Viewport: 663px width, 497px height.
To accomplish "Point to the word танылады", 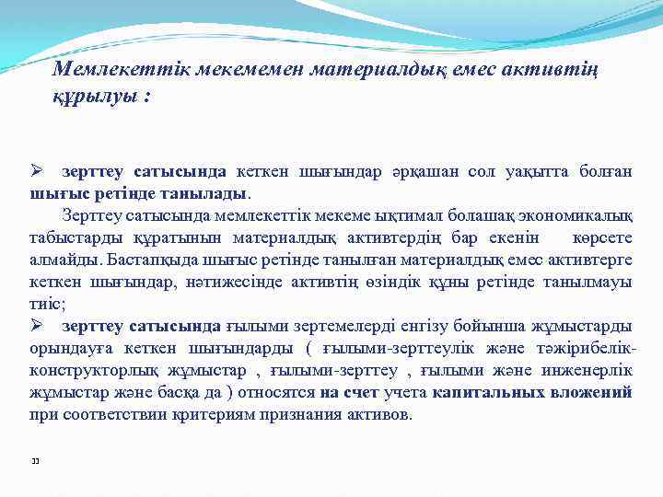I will tap(210, 193).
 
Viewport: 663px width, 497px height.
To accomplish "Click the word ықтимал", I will tap(415, 214).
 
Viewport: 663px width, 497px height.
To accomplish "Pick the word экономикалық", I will tap(578, 214).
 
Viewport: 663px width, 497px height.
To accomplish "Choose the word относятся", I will tap(276, 393).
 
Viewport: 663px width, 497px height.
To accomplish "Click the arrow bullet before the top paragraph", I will tap(38, 172).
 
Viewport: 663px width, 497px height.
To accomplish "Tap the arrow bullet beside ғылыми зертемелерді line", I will tap(38, 326).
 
